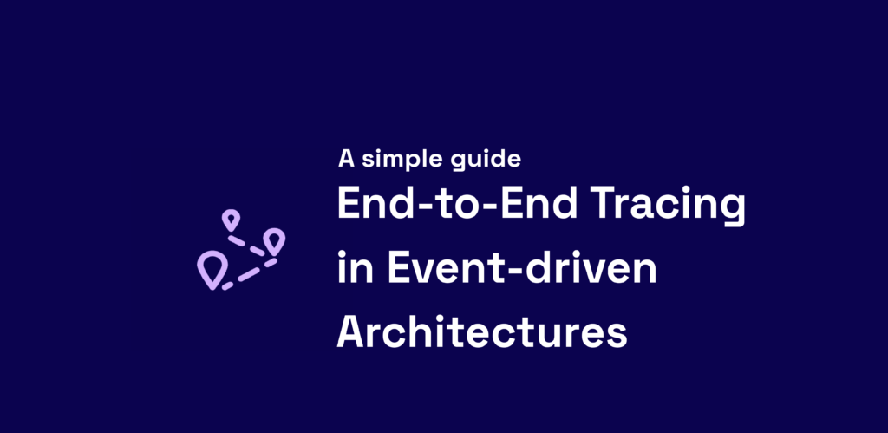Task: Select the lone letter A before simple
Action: tap(347, 159)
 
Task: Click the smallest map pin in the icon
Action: tap(230, 220)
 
